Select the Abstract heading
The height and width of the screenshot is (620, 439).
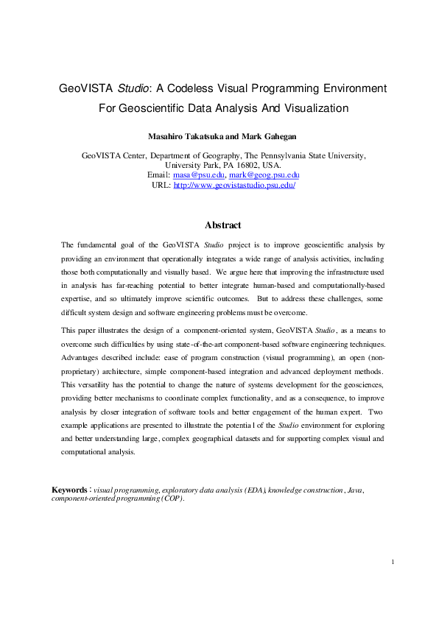point(222,225)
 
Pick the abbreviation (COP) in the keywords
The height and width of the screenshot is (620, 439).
point(169,499)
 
